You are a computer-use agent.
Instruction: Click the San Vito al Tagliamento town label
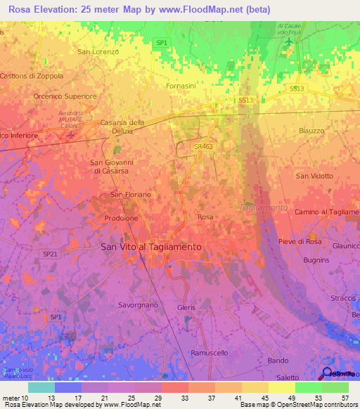pyautogui.click(x=151, y=247)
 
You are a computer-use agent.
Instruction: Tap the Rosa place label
pyautogui.click(x=205, y=217)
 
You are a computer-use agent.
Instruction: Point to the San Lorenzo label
pyautogui.click(x=98, y=51)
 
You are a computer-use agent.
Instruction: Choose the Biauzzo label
pyautogui.click(x=311, y=131)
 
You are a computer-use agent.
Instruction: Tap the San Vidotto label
pyautogui.click(x=314, y=176)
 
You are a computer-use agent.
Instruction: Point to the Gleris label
pyautogui.click(x=187, y=308)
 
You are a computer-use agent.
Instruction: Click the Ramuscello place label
pyautogui.click(x=210, y=352)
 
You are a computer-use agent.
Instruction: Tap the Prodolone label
pyautogui.click(x=121, y=218)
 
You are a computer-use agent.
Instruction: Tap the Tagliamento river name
pyautogui.click(x=264, y=208)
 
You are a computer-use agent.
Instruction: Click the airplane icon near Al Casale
pyautogui.click(x=290, y=45)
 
